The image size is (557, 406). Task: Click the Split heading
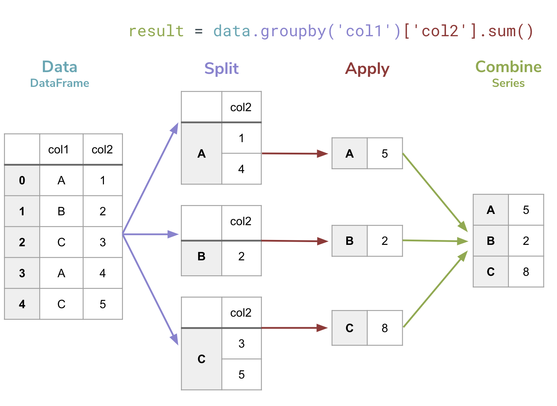pos(221,69)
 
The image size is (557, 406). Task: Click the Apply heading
pos(367,69)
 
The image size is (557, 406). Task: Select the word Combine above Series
pos(508,67)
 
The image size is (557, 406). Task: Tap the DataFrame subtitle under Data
pos(59,83)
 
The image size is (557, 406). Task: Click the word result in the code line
pos(156,31)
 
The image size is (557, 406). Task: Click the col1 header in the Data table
pos(58,150)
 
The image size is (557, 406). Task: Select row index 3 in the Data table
pos(22,273)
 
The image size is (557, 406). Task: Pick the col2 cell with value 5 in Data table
pos(103,304)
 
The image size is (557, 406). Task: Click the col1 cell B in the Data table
pos(61,211)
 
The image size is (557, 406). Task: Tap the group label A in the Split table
pos(201,153)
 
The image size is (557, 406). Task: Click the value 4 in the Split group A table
pos(241,169)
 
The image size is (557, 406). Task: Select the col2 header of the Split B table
pos(241,221)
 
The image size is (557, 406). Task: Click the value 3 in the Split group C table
pos(241,343)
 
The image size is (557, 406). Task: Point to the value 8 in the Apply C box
pos(385,328)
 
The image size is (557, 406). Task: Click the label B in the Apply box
pos(349,241)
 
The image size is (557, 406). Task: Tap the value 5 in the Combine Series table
pos(526,210)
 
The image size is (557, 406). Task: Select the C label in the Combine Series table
pos(491,272)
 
